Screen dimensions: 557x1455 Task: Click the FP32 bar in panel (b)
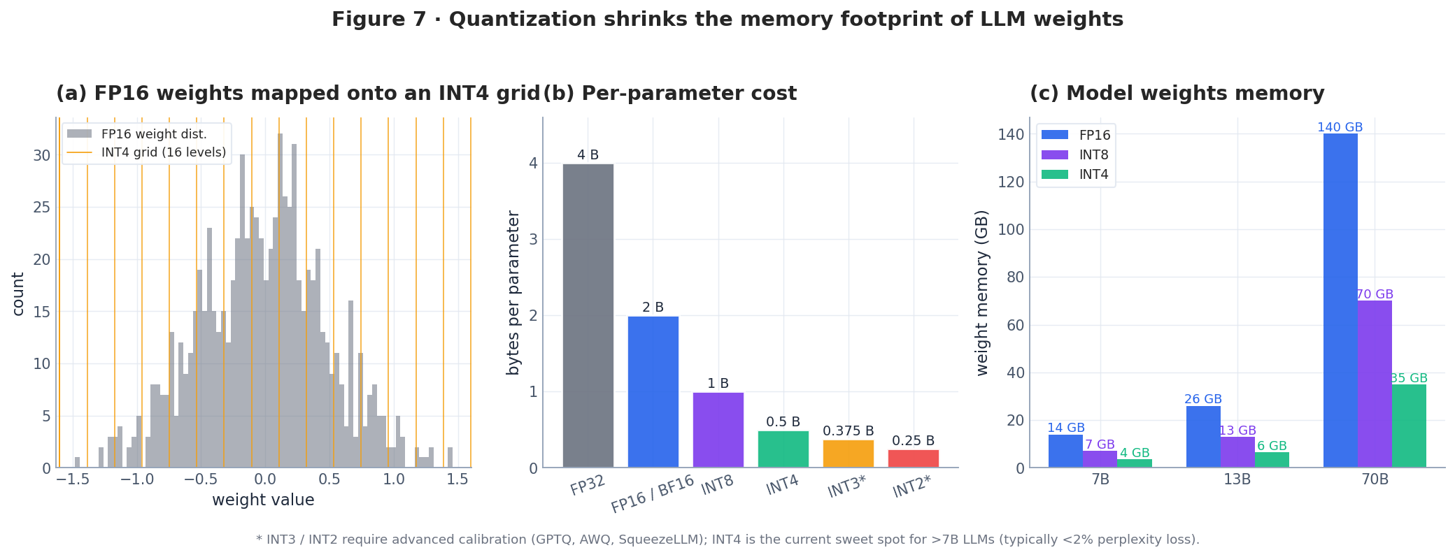[588, 316]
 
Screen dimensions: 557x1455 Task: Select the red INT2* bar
[913, 458]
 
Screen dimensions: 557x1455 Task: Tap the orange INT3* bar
[848, 454]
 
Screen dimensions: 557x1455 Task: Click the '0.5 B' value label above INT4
[783, 422]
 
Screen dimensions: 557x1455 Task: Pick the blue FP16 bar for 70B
[1340, 301]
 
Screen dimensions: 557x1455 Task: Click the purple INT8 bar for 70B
[1375, 384]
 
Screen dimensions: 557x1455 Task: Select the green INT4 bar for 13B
[1271, 460]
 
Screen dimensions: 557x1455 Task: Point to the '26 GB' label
[1202, 400]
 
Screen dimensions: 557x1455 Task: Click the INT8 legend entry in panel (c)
[1093, 155]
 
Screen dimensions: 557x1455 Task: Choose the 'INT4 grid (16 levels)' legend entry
[164, 152]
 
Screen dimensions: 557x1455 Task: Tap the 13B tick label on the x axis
[1237, 480]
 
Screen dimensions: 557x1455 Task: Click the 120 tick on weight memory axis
[1011, 182]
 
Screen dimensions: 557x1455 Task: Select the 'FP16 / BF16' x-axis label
[652, 493]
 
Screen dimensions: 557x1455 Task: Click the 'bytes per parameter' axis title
[513, 292]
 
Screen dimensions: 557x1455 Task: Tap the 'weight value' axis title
[263, 500]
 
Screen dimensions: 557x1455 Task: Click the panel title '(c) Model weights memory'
[1177, 94]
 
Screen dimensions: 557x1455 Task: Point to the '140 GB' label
[1340, 127]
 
